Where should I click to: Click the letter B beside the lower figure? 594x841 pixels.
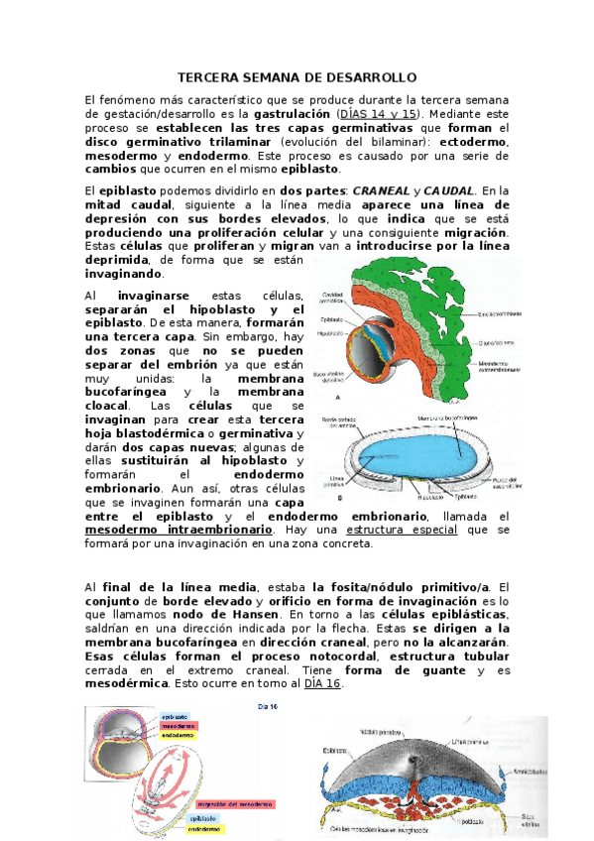point(340,498)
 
